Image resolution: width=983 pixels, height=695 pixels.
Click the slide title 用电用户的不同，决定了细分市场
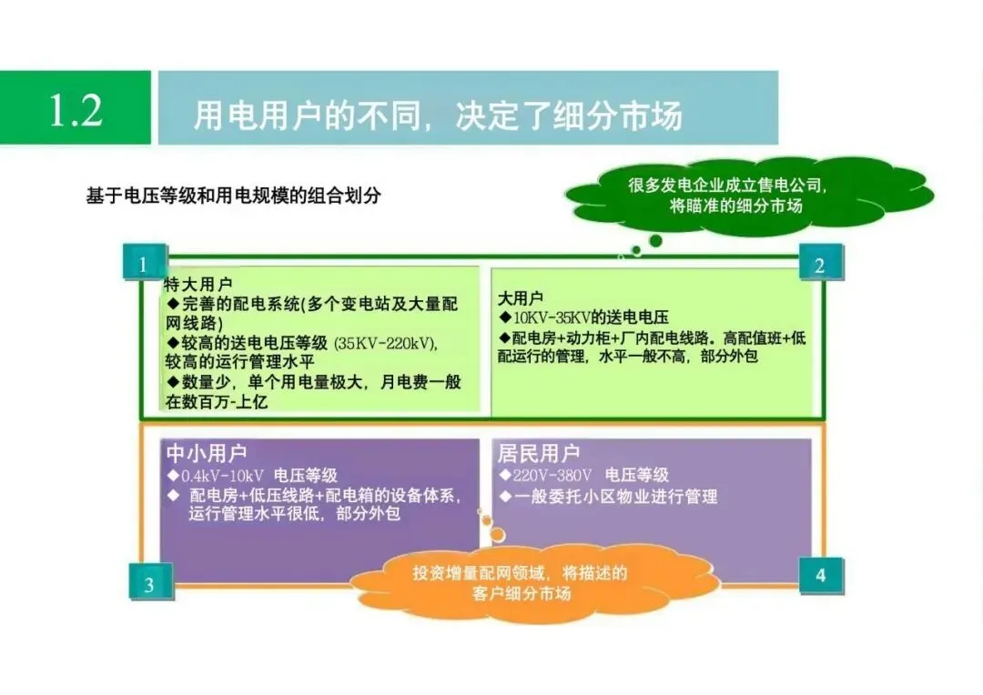coord(438,116)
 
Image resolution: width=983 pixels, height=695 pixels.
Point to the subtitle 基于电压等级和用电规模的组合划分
coord(233,196)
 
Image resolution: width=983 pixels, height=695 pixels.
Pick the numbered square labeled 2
coord(819,265)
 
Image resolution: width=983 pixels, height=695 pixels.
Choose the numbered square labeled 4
coord(820,576)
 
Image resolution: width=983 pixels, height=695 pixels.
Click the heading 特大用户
coord(198,285)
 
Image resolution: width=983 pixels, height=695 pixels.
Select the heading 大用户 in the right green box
coord(521,298)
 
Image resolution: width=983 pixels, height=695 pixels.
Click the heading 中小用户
coord(207,453)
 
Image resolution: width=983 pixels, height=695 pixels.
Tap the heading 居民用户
coord(538,453)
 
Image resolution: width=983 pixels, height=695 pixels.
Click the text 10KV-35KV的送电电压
coord(590,317)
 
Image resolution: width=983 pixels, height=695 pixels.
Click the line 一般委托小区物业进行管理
coord(615,497)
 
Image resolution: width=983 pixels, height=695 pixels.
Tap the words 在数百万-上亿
coord(217,401)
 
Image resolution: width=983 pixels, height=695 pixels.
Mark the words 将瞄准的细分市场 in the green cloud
coord(735,206)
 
